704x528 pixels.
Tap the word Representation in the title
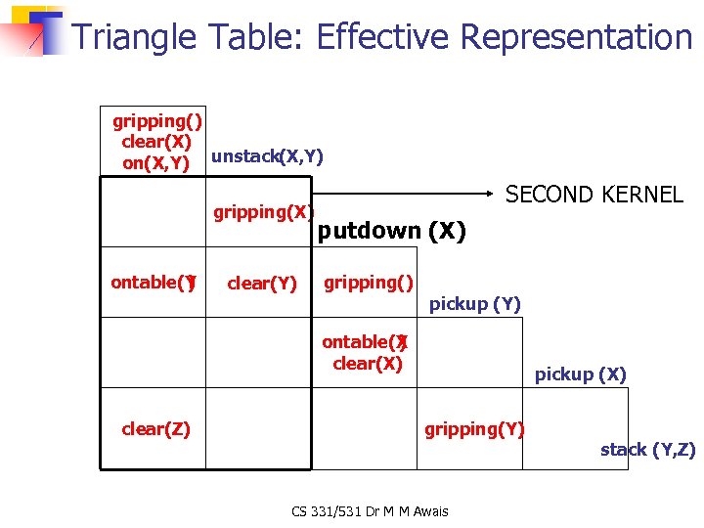coord(576,37)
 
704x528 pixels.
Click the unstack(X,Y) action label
coord(267,156)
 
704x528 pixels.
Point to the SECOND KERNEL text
coord(594,195)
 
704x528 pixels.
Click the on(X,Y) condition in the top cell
coord(155,163)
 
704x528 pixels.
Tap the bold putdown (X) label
coord(392,232)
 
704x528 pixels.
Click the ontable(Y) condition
coord(154,283)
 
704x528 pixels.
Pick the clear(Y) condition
coord(261,284)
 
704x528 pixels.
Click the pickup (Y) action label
coord(475,304)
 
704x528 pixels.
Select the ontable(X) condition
coord(365,342)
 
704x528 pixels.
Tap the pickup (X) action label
coord(580,374)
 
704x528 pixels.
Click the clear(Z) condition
coord(155,428)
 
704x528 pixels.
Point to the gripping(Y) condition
coord(474,428)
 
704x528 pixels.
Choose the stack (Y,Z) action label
coord(647,450)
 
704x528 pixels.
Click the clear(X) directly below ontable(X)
coord(368,364)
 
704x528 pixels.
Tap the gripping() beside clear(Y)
coord(369,283)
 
